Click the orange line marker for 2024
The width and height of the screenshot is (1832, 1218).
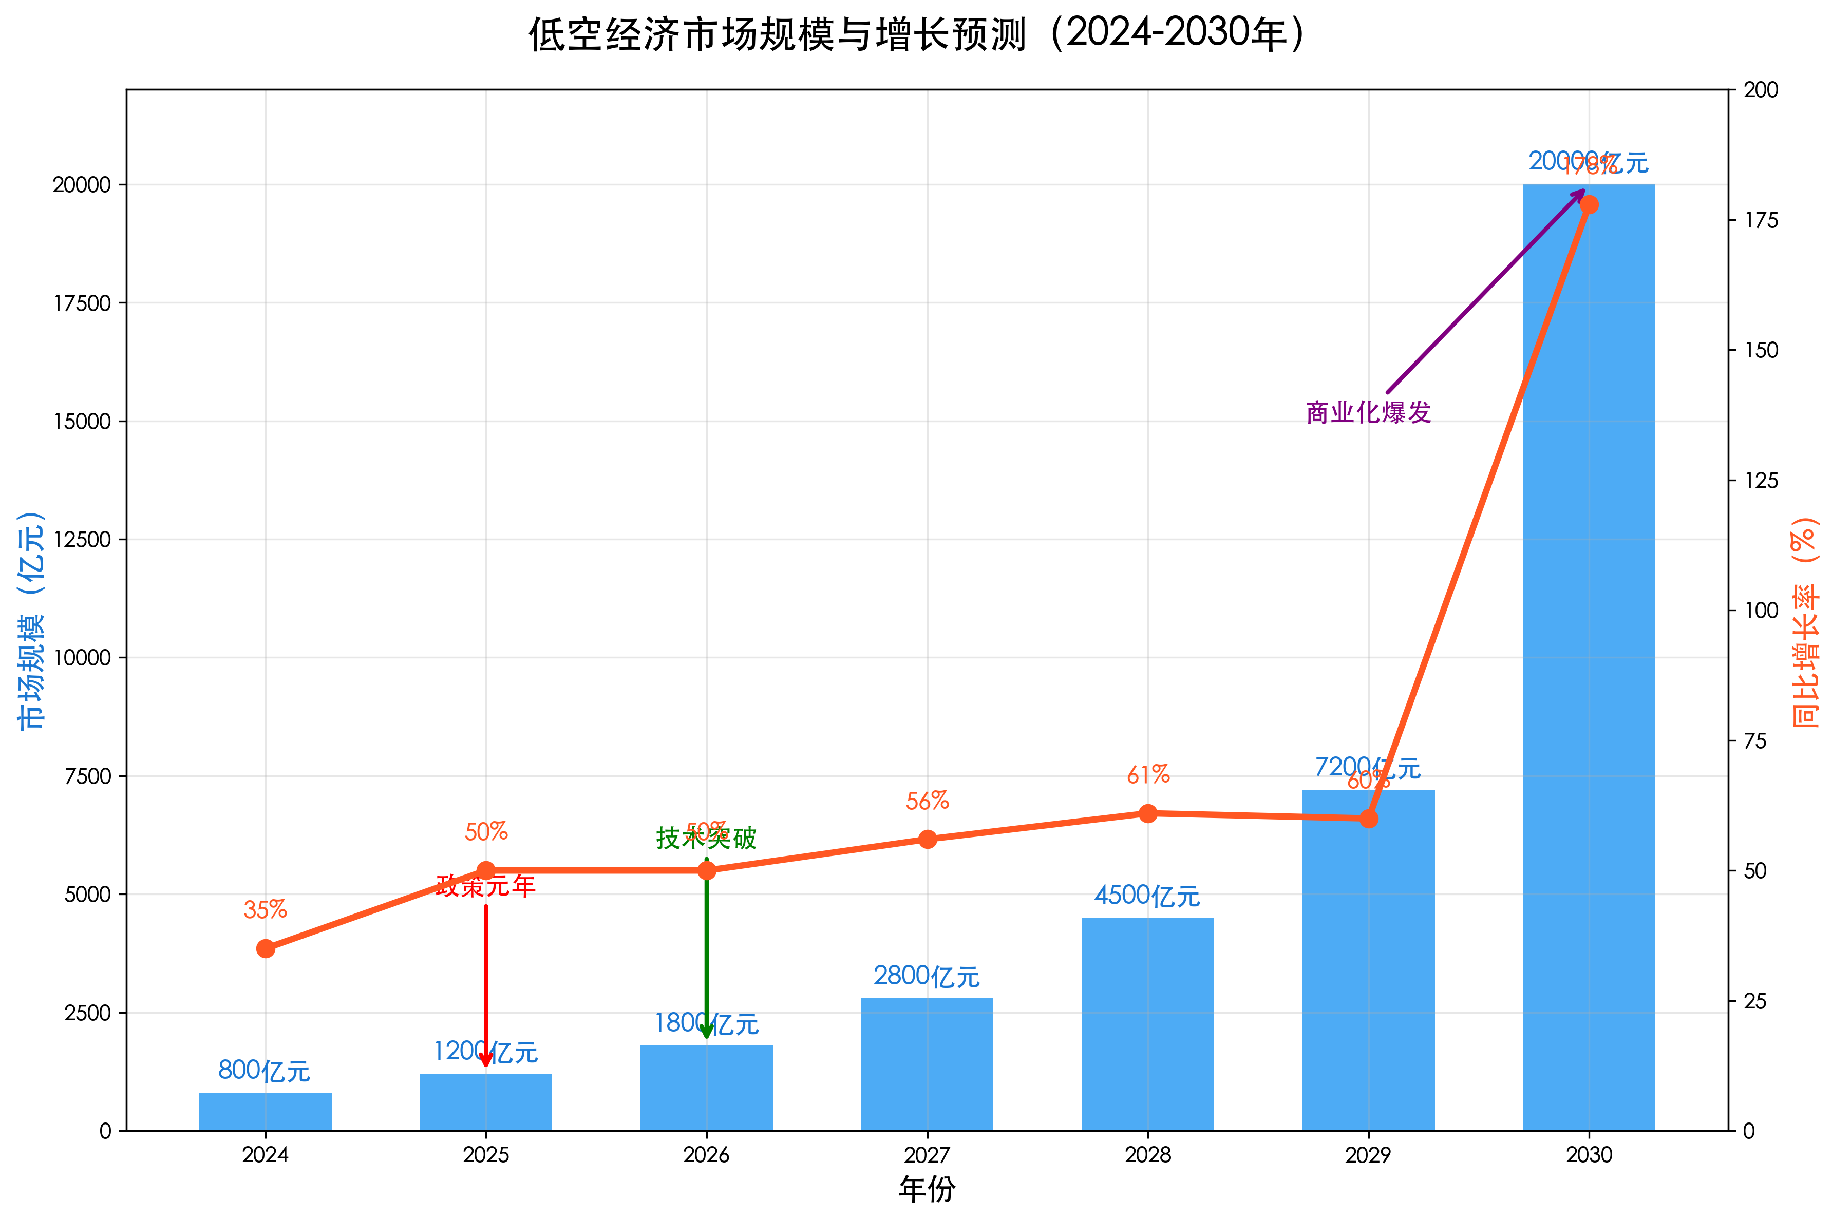coord(265,948)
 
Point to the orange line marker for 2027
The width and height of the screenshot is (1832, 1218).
coord(927,839)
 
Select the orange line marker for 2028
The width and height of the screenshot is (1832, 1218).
coord(1147,813)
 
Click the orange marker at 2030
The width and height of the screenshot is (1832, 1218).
coord(1589,205)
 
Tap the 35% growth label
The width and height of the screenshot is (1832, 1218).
coord(265,909)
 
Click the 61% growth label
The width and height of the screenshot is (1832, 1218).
coord(1147,774)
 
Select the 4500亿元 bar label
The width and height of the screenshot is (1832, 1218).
coord(1147,896)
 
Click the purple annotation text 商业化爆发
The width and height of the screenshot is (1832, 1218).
coord(1368,412)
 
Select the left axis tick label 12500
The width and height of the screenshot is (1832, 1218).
coord(82,540)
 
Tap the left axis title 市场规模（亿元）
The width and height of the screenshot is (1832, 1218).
coord(31,619)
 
